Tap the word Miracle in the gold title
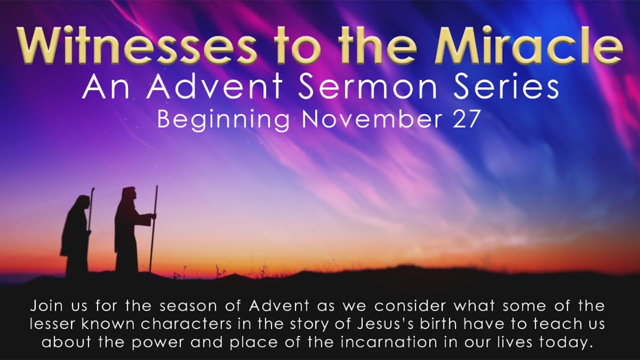coord(528,46)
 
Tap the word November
coord(372,120)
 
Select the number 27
coord(466,120)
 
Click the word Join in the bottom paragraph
coord(46,306)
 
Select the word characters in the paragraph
coord(186,324)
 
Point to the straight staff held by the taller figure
coord(154,228)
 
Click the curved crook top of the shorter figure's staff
coord(92,191)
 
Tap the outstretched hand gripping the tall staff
coord(154,216)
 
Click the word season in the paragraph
coord(188,306)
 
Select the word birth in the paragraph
coord(438,324)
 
